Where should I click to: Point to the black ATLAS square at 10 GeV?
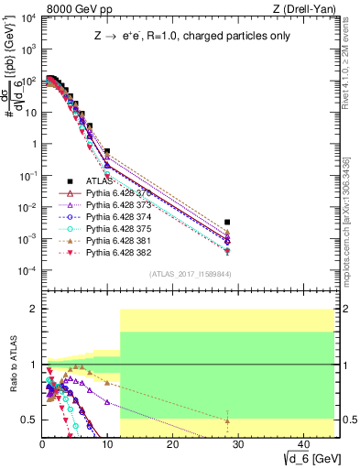pyautogui.click(x=107, y=151)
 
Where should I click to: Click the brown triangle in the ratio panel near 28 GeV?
pyautogui.click(x=227, y=420)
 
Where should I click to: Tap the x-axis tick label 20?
pyautogui.click(x=172, y=444)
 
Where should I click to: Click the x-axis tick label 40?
pyautogui.click(x=301, y=444)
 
